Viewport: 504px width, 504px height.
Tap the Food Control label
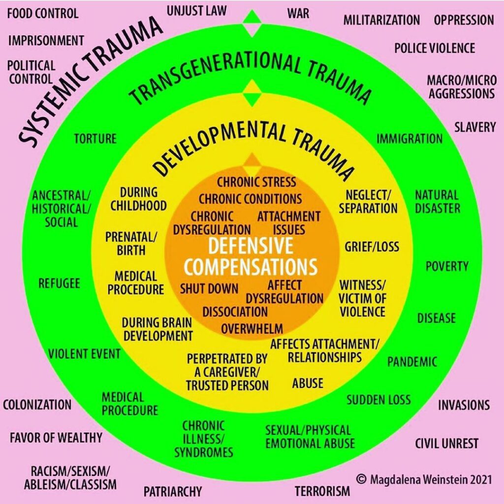click(43, 13)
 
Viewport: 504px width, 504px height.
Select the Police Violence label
click(435, 48)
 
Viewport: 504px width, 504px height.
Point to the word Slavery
click(474, 127)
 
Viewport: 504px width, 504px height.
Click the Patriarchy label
click(173, 491)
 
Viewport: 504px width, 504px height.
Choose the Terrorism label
click(322, 490)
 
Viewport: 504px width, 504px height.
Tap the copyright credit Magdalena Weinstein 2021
click(424, 479)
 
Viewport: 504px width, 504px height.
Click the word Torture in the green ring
click(95, 139)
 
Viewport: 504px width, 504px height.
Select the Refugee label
click(59, 283)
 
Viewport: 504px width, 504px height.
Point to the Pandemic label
click(412, 362)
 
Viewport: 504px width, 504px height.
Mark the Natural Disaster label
click(438, 201)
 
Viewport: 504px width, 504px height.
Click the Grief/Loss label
click(372, 246)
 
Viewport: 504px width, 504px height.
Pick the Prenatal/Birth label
click(131, 243)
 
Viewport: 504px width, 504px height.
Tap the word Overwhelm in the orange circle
click(252, 328)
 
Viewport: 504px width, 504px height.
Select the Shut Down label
click(209, 288)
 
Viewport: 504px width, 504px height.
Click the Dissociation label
click(235, 312)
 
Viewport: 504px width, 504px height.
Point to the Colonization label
click(37, 405)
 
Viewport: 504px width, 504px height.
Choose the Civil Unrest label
click(446, 443)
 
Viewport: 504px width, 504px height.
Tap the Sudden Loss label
click(378, 399)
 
